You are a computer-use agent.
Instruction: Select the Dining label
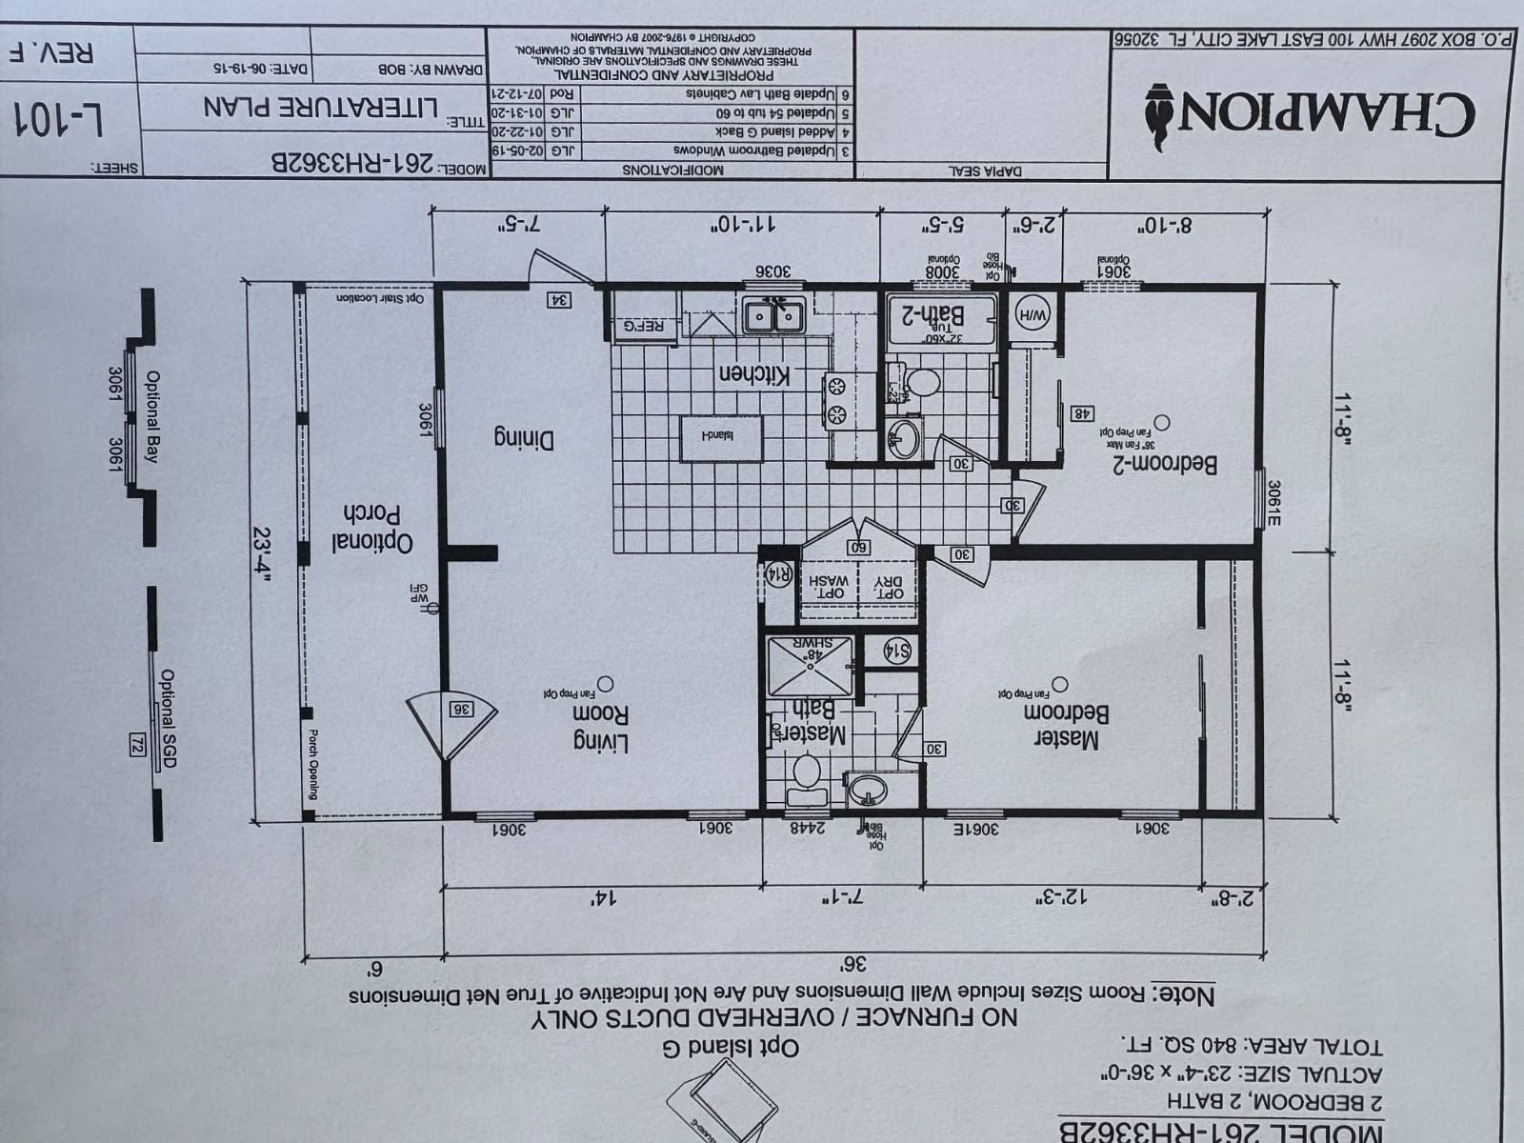pyautogui.click(x=523, y=438)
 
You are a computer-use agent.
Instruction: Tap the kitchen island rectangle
pyautogui.click(x=721, y=438)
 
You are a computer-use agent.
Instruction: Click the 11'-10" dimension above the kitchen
pyautogui.click(x=742, y=226)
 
